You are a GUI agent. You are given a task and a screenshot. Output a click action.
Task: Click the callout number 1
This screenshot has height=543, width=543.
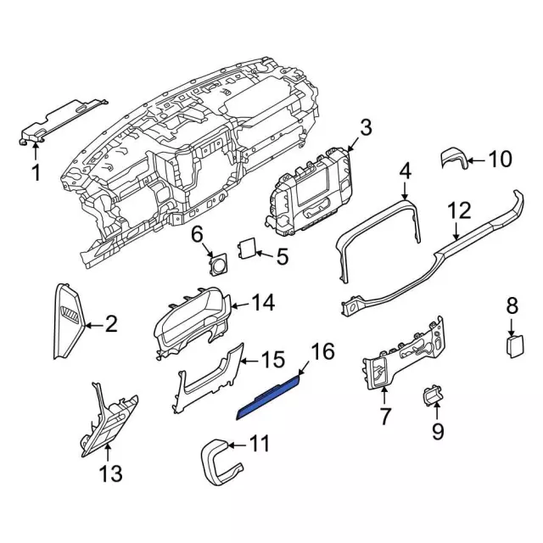pyautogui.click(x=36, y=174)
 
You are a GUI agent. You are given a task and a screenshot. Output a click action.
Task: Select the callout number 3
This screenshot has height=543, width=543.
pyautogui.click(x=365, y=128)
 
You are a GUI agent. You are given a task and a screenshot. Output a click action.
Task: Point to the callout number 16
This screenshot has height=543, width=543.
pyautogui.click(x=323, y=351)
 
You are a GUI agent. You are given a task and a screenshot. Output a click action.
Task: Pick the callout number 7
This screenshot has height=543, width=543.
pyautogui.click(x=384, y=417)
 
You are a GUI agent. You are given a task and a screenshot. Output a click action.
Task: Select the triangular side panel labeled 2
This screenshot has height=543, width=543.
pyautogui.click(x=70, y=323)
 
